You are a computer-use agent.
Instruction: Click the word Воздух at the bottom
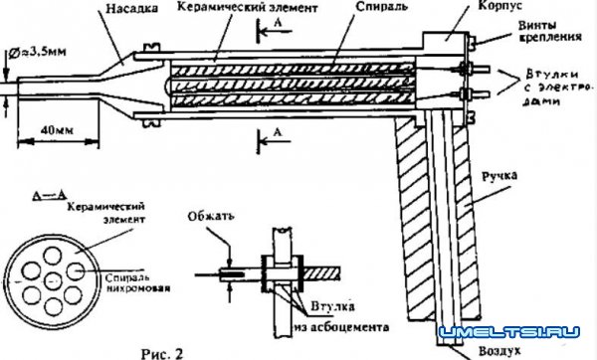pyautogui.click(x=467, y=351)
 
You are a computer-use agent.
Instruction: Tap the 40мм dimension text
pyautogui.click(x=58, y=126)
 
